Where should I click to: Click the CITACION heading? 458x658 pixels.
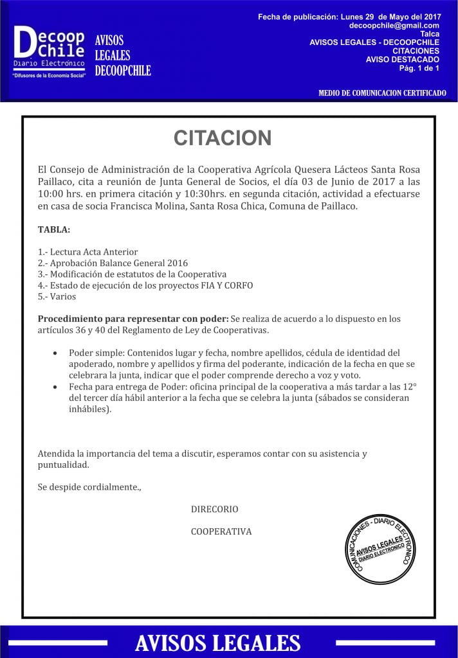click(x=223, y=138)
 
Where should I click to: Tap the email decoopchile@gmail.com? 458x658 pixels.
click(x=394, y=25)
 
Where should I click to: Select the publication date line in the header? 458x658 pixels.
click(x=348, y=15)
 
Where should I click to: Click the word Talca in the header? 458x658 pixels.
click(x=429, y=33)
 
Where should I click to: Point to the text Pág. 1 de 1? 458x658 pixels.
click(x=419, y=67)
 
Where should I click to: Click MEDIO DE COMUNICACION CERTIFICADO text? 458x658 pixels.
click(x=382, y=93)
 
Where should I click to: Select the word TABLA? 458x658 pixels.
click(x=54, y=229)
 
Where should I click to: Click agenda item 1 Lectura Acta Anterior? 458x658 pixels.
click(x=88, y=252)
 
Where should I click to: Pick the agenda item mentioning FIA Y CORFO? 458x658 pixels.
click(x=145, y=285)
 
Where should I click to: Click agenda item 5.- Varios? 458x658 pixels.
click(x=57, y=296)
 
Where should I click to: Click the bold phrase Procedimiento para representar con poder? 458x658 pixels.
click(x=133, y=319)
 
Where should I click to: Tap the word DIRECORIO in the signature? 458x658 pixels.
click(x=214, y=509)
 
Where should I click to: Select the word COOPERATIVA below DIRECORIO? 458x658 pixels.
click(x=221, y=531)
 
